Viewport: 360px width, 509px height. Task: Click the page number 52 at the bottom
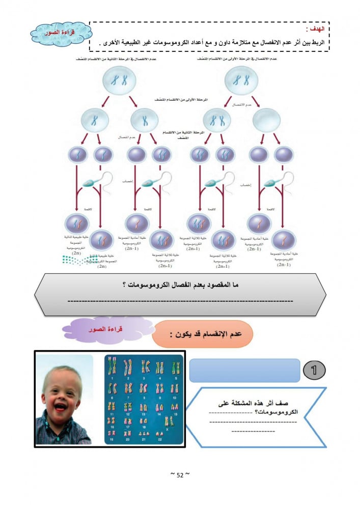[179, 475]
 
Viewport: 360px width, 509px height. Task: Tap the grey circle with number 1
[314, 370]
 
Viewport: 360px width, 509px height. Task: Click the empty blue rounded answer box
[244, 370]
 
